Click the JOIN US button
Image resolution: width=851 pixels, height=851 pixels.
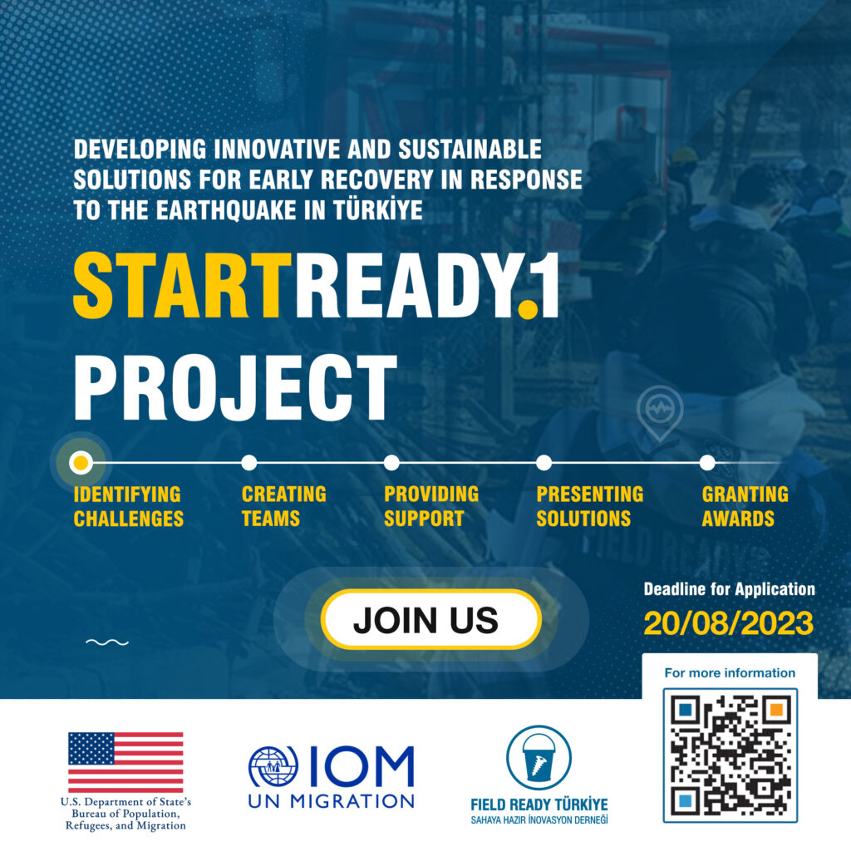pyautogui.click(x=431, y=619)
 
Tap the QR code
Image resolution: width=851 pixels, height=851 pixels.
pyautogui.click(x=730, y=755)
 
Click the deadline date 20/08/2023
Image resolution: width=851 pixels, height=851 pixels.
pyautogui.click(x=728, y=623)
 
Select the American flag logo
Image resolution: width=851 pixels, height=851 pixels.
pyautogui.click(x=125, y=762)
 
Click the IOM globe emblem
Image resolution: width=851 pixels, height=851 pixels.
pyautogui.click(x=273, y=766)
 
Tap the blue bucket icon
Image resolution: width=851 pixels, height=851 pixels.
pyautogui.click(x=539, y=757)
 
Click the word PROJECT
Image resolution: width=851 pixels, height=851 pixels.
pyautogui.click(x=235, y=387)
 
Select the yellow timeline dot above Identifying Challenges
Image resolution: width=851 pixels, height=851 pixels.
pyautogui.click(x=81, y=463)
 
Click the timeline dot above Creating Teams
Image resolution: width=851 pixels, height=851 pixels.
pyautogui.click(x=248, y=463)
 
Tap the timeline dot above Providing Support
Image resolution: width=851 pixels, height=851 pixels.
pyautogui.click(x=391, y=463)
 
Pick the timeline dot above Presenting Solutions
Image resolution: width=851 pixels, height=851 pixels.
pyautogui.click(x=544, y=463)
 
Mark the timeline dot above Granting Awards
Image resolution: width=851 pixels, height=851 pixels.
pyautogui.click(x=707, y=463)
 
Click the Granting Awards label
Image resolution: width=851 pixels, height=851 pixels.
pyautogui.click(x=745, y=506)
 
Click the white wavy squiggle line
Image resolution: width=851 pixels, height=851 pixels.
pyautogui.click(x=107, y=642)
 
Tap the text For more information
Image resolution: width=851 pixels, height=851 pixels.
pyautogui.click(x=730, y=673)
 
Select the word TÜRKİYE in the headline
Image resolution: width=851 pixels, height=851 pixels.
pyautogui.click(x=378, y=210)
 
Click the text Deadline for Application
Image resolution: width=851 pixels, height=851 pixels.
pyautogui.click(x=730, y=589)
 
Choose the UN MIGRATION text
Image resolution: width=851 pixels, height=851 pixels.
pyautogui.click(x=331, y=801)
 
